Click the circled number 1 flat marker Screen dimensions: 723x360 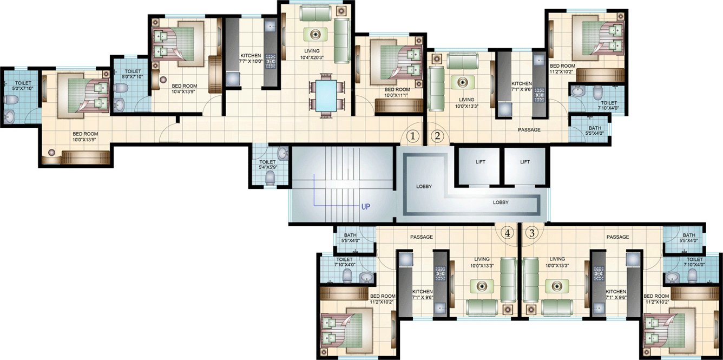tap(412, 136)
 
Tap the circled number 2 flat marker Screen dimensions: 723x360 tap(437, 136)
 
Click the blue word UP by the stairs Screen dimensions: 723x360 tap(366, 207)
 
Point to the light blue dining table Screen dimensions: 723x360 tap(326, 96)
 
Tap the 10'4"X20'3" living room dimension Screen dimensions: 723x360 tap(312, 57)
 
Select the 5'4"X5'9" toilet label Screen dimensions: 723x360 tap(267, 167)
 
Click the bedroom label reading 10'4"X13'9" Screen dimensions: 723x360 tap(185, 91)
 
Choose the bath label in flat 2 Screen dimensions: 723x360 tap(595, 130)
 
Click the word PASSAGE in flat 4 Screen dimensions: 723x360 tap(422, 237)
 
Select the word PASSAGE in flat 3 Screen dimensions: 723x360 tap(618, 237)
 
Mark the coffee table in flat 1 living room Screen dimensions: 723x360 tap(316, 34)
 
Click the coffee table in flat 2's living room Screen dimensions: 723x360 tap(463, 82)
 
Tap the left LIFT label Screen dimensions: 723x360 tap(480, 162)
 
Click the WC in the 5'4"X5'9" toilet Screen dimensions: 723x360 tap(270, 178)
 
